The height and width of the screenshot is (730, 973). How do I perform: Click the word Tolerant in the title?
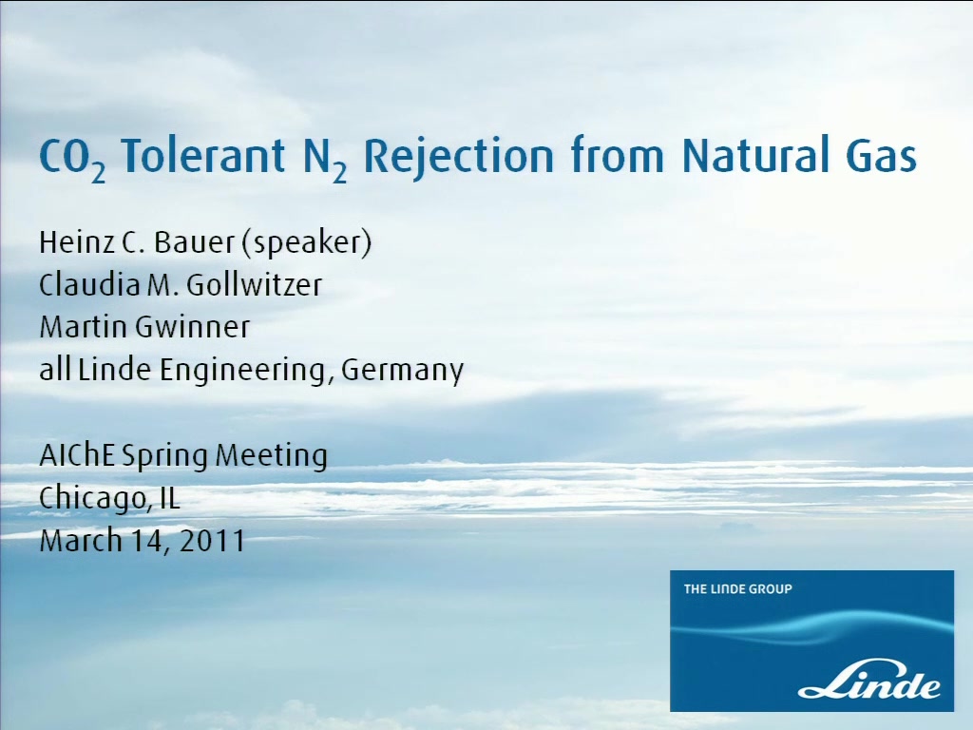click(203, 155)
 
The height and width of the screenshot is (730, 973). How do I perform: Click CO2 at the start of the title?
click(72, 159)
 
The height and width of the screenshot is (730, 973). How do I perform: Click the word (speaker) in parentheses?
click(307, 243)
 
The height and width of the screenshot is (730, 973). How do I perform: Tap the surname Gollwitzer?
click(255, 285)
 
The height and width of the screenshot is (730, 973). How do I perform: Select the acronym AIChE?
click(77, 455)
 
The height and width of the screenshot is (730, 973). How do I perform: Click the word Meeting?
click(271, 456)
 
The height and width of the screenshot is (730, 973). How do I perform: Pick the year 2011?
click(213, 541)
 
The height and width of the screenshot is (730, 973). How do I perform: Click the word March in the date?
click(80, 540)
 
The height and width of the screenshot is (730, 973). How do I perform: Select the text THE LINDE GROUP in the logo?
click(737, 589)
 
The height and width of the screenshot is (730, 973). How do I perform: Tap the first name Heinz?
click(75, 242)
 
